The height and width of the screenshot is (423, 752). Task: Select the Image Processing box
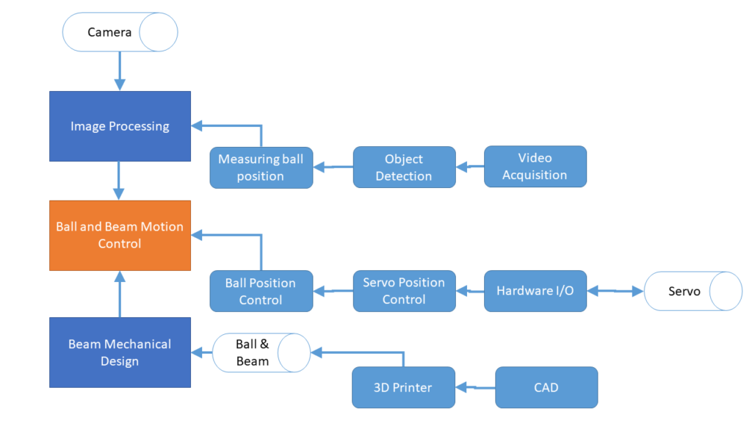pyautogui.click(x=120, y=126)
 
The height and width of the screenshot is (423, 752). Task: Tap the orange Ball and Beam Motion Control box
pyautogui.click(x=120, y=235)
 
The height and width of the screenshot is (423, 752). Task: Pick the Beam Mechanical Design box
pyautogui.click(x=120, y=352)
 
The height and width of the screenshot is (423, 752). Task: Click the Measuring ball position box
pyautogui.click(x=261, y=167)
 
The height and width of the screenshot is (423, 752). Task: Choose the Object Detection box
pyautogui.click(x=404, y=167)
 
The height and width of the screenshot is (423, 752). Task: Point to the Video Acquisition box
pyautogui.click(x=535, y=167)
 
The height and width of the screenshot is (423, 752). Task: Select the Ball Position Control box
pyautogui.click(x=261, y=291)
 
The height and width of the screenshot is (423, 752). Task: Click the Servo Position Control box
pyautogui.click(x=404, y=291)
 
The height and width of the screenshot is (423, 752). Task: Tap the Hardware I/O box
pyautogui.click(x=535, y=291)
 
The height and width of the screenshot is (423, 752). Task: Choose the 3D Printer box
pyautogui.click(x=403, y=387)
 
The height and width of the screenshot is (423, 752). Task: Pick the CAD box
pyautogui.click(x=546, y=387)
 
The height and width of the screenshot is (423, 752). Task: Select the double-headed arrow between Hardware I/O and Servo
pyautogui.click(x=615, y=292)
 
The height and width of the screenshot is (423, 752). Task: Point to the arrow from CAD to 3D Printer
pyautogui.click(x=476, y=387)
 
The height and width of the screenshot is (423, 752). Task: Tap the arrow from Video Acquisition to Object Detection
pyautogui.click(x=470, y=167)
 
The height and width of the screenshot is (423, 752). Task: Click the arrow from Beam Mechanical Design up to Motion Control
pyautogui.click(x=120, y=294)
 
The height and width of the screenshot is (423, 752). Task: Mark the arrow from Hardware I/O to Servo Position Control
pyautogui.click(x=470, y=292)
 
